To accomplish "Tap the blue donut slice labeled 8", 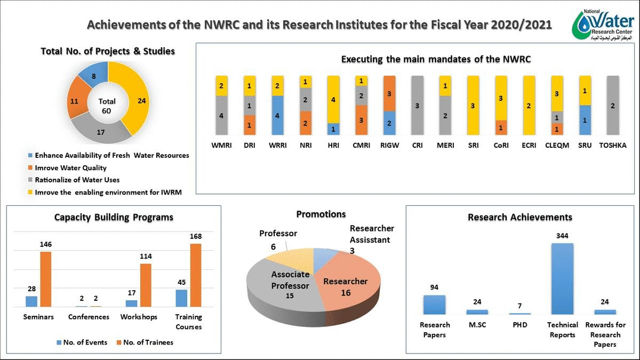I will pos(93,77).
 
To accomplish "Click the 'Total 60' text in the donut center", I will pos(107,106).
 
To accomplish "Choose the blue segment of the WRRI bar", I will pos(277,115).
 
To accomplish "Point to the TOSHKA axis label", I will pos(613,145).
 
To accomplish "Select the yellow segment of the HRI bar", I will pos(333,99).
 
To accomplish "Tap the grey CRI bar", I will pos(417,105).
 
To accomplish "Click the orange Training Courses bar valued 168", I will pos(196,275).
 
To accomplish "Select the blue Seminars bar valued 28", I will pos(31,301).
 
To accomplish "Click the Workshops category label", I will pos(139,317).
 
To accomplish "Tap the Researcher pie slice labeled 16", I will pos(347,285).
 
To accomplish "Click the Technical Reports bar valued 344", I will pos(562,278).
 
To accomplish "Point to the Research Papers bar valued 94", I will pos(434,305).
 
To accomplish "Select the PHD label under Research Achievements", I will pos(519,325).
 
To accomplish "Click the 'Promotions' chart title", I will pos(321,214).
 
